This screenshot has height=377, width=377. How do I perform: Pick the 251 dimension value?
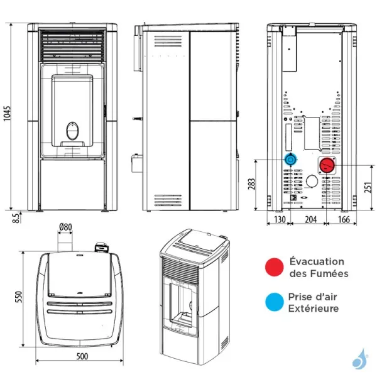(369, 187)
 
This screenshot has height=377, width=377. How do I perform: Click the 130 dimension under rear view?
(280, 219)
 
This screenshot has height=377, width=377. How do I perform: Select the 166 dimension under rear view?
(343, 219)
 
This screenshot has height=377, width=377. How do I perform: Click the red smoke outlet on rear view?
(327, 165)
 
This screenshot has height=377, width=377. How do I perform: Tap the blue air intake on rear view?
(290, 159)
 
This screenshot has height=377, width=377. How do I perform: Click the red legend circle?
(273, 267)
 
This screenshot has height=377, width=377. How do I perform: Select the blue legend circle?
(273, 303)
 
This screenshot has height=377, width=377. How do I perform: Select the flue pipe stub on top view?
(65, 243)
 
